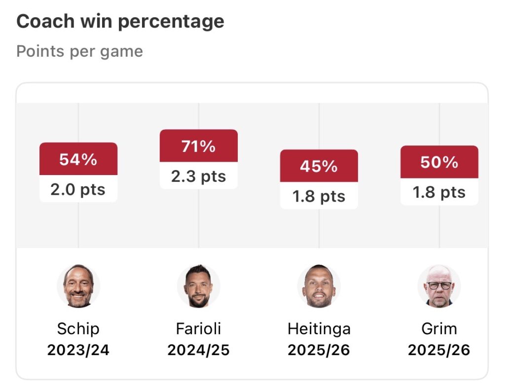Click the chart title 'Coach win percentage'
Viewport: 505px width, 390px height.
point(120,21)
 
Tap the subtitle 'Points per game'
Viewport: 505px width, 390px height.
point(79,51)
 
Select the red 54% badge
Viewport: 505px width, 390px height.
point(78,159)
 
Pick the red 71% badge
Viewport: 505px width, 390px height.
point(199,146)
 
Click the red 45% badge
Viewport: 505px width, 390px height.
point(319,166)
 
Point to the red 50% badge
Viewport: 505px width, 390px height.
point(439,162)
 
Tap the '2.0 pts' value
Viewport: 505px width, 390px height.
point(78,189)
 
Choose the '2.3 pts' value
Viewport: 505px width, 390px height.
point(199,177)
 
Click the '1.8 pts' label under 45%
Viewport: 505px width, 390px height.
point(319,197)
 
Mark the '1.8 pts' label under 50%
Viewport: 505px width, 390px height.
point(439,192)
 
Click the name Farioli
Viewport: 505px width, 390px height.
point(199,328)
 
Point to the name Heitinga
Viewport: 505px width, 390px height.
point(319,328)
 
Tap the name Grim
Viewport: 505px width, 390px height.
point(439,328)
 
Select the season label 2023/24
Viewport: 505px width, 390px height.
point(78,350)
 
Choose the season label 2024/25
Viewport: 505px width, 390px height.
point(199,350)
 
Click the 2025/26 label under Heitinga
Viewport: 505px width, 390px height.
point(319,350)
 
